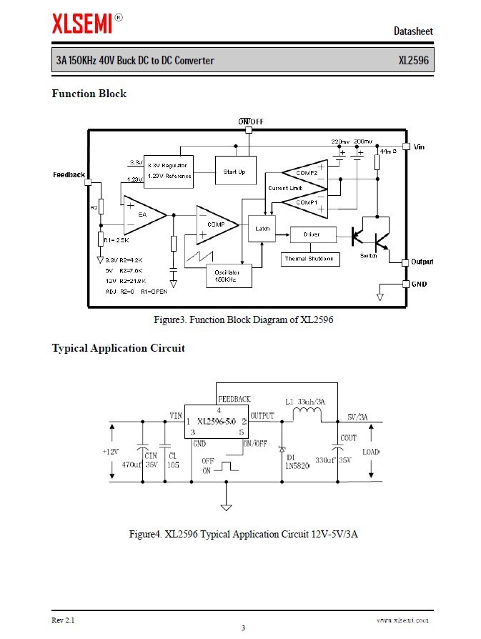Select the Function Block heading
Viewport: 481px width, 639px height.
point(89,94)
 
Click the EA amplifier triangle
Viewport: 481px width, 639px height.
point(142,214)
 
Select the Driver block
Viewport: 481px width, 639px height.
point(311,234)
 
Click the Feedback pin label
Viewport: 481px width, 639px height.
point(69,175)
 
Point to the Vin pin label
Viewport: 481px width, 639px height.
point(419,147)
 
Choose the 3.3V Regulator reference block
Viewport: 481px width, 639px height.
point(168,171)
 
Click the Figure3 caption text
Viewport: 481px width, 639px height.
point(243,319)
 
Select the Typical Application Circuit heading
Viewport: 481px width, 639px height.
point(118,348)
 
